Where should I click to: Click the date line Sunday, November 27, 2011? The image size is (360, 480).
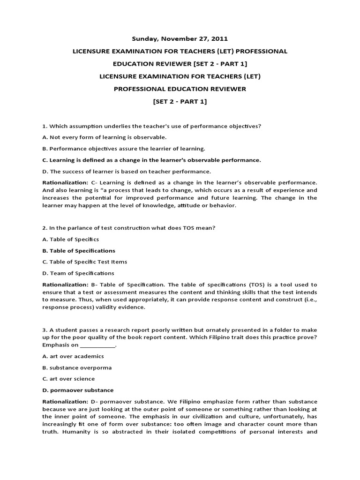(x=180, y=39)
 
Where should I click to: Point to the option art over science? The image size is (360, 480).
(x=68, y=379)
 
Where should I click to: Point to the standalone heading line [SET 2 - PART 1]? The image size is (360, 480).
(x=180, y=102)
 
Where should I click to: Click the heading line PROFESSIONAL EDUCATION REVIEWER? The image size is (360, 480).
(x=180, y=89)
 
